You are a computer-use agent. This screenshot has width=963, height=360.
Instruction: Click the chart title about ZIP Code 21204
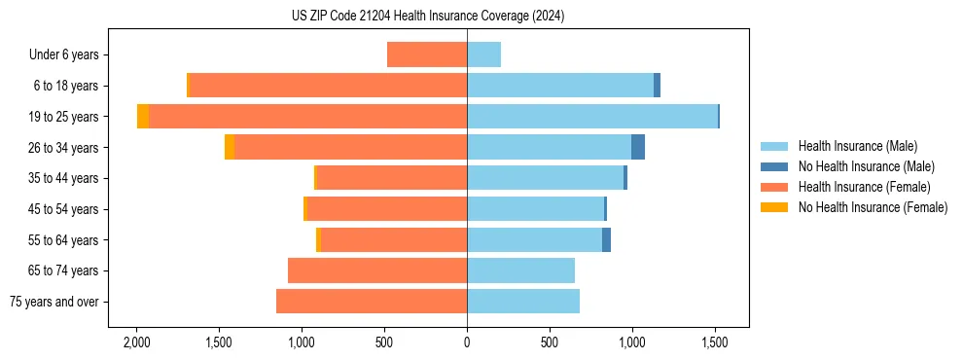click(427, 17)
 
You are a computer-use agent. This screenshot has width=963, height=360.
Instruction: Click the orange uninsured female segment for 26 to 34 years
click(230, 147)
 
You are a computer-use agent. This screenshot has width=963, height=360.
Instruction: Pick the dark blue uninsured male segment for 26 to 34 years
click(638, 147)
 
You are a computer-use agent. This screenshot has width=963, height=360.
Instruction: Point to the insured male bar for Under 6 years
click(483, 54)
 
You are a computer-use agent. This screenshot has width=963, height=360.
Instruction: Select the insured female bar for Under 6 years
click(427, 54)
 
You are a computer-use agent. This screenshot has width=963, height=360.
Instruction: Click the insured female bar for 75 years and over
click(372, 302)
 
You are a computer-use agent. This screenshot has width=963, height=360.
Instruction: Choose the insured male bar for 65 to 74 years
click(520, 270)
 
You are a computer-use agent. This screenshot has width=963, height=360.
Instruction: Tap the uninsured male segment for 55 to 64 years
click(606, 239)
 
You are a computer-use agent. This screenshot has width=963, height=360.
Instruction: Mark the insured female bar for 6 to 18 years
click(328, 86)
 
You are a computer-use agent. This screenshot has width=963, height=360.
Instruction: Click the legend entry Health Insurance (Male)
click(857, 146)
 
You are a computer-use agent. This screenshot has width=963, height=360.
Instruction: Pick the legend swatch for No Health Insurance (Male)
click(774, 166)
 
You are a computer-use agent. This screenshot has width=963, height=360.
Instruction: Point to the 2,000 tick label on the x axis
click(136, 342)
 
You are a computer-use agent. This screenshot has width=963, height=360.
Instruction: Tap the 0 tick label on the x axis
click(467, 342)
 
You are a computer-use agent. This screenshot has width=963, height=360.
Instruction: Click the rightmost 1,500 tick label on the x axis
click(715, 342)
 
